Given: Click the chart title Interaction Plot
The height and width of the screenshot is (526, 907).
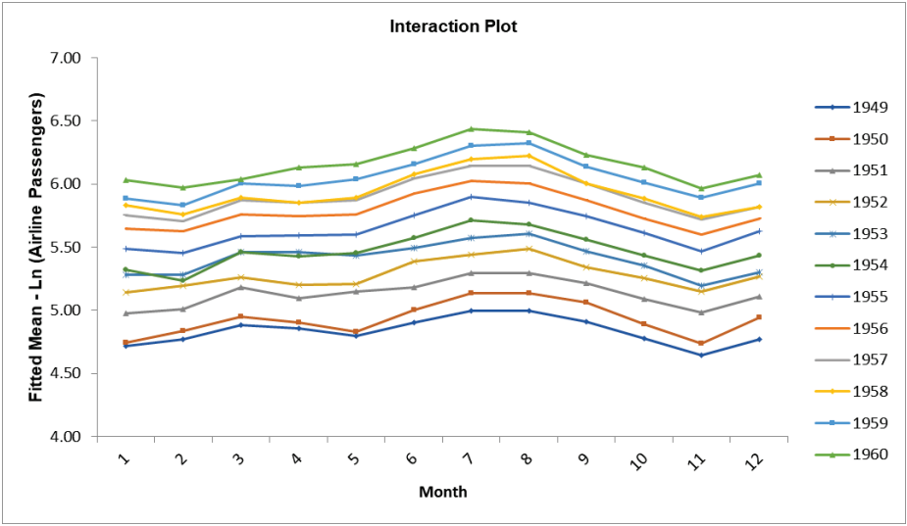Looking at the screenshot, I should [453, 26].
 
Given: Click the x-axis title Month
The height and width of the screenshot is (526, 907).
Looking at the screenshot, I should [442, 492].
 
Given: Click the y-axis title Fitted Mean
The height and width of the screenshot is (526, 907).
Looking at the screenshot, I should [36, 247].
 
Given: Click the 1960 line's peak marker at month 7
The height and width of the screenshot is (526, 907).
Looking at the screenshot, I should [471, 129].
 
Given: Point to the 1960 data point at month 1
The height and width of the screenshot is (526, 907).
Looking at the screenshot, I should [125, 180].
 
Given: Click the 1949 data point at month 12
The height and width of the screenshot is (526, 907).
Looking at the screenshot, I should [758, 339].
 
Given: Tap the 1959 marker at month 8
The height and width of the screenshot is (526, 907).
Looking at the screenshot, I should [529, 143].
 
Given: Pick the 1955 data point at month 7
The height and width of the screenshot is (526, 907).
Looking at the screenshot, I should [471, 197].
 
